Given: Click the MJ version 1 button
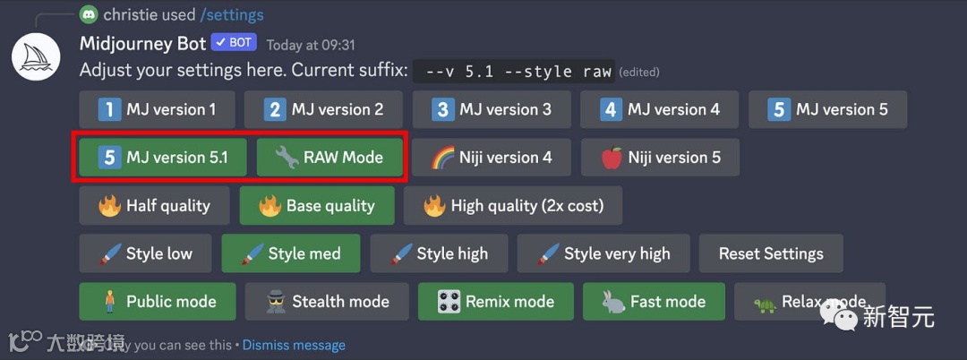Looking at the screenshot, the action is (x=158, y=109).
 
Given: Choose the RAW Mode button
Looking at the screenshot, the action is (x=329, y=158).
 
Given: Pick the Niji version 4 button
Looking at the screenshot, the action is (x=492, y=158).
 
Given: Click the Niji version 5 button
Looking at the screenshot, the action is (x=661, y=158).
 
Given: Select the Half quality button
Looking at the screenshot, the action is (x=156, y=206).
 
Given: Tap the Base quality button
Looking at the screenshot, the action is (x=317, y=206).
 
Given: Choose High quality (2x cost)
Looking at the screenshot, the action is (x=513, y=206).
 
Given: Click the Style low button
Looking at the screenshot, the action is (x=146, y=253).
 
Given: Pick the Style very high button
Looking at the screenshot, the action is (x=603, y=253).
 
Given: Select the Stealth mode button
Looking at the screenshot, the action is (x=327, y=302).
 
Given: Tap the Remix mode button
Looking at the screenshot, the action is (x=496, y=302).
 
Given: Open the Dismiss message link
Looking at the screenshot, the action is (x=294, y=345).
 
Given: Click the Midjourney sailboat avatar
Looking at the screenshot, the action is (x=36, y=58).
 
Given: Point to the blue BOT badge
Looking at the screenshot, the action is (x=234, y=43).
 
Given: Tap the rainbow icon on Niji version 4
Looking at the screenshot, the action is (x=442, y=158).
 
